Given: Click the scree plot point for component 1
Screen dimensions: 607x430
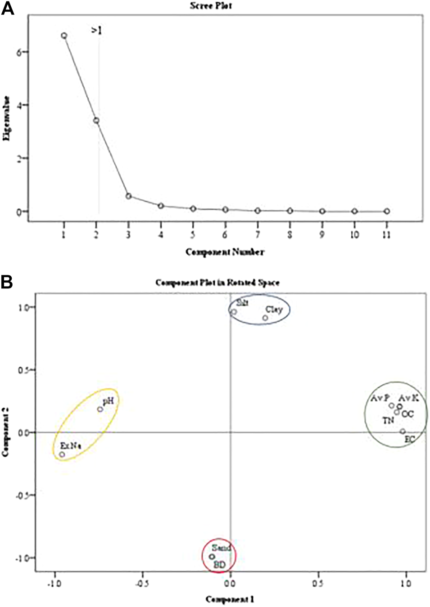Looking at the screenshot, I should tap(64, 36).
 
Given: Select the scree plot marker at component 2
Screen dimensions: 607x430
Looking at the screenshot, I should tap(96, 120).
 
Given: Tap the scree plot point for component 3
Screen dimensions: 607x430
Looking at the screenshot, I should tap(128, 196).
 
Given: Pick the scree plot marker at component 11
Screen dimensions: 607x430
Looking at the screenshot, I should tap(387, 211).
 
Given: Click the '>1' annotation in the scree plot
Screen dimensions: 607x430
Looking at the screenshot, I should tap(96, 31).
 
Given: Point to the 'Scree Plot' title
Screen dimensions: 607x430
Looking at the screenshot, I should tap(211, 6).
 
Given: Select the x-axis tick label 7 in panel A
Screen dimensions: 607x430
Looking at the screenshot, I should tap(258, 234).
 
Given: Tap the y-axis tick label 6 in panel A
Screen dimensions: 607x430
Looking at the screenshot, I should tap(19, 52).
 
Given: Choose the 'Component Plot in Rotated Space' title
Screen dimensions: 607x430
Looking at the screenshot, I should tap(217, 283).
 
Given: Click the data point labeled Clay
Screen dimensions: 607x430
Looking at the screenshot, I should tap(265, 318).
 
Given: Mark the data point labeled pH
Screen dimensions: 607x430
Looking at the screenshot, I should tap(100, 409).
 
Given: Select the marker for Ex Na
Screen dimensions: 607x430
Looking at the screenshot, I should tap(62, 454).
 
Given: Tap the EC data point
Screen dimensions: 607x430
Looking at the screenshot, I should tap(403, 432).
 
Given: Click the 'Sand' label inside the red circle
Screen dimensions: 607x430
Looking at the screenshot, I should tap(222, 548).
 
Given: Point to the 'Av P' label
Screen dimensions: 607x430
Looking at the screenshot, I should tap(380, 398).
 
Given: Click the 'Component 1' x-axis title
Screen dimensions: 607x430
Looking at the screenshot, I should tap(230, 599).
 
